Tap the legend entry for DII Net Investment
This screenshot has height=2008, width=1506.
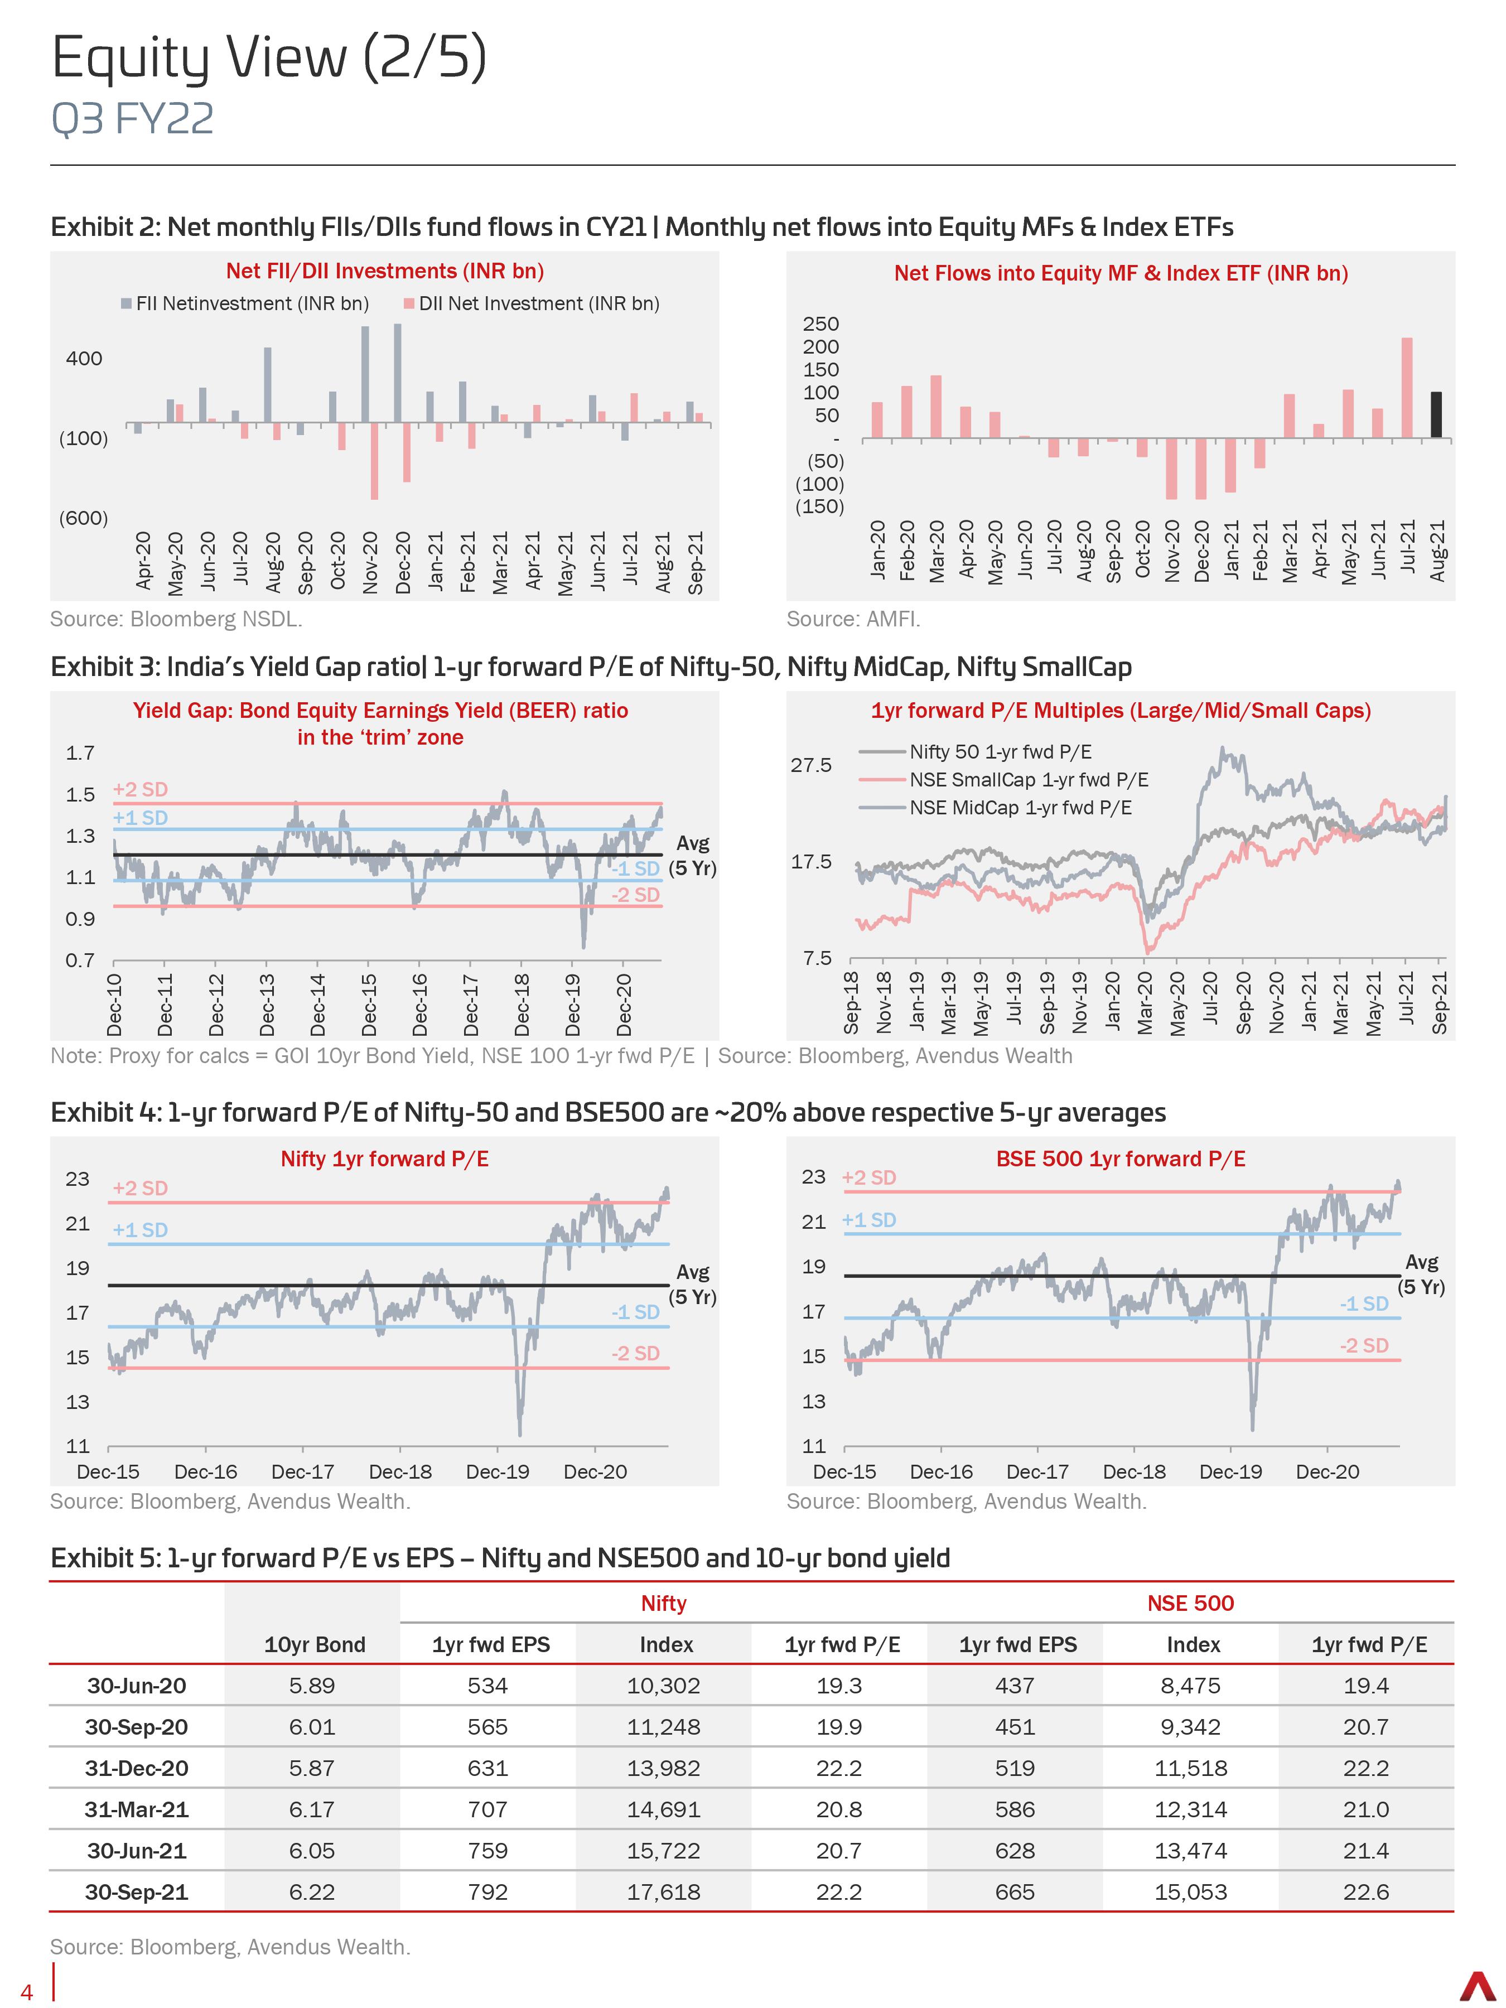click(532, 303)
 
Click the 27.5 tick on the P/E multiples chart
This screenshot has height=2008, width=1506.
click(810, 765)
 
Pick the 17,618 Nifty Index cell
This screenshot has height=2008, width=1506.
click(664, 1892)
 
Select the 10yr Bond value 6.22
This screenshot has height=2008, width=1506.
click(312, 1892)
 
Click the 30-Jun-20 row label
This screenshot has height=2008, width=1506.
click(136, 1686)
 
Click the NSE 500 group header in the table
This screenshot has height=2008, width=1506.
click(1190, 1603)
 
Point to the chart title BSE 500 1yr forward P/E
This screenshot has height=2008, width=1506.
click(1120, 1159)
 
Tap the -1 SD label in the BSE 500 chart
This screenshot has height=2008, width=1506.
click(1363, 1304)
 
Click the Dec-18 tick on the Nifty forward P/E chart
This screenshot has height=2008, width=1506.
click(400, 1471)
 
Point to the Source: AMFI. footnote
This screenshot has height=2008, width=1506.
click(853, 619)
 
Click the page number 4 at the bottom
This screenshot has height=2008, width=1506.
click(27, 1992)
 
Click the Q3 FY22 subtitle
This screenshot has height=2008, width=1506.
click(133, 119)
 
